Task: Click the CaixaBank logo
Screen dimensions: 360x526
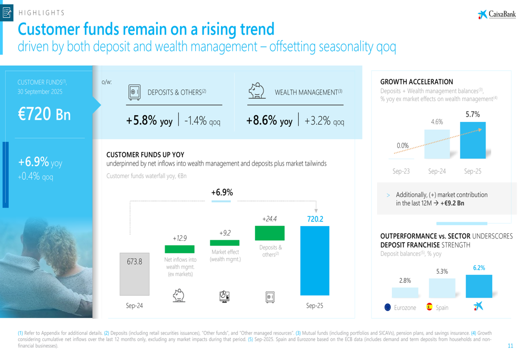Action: coord(497,14)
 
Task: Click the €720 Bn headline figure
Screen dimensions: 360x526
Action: coord(44,115)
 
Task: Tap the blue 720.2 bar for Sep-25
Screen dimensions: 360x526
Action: coord(315,261)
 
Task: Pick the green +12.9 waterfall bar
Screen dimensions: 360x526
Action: coord(180,249)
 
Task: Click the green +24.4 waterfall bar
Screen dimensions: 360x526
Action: coord(269,233)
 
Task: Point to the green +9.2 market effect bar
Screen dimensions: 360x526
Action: coord(225,243)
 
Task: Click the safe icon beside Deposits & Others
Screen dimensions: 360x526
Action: coord(134,92)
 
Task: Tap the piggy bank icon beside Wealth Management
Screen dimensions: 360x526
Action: coord(256,91)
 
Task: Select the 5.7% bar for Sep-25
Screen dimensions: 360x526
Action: coord(473,140)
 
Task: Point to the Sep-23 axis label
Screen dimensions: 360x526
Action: coord(401,171)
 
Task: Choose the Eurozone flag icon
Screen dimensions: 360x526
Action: coord(388,307)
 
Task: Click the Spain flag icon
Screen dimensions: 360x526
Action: coord(429,307)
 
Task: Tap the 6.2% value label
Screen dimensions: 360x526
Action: coord(479,268)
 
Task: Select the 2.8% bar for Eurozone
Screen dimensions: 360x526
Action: coord(405,292)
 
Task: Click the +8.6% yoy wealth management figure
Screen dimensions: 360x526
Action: coord(269,121)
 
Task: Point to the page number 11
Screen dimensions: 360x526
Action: coord(510,346)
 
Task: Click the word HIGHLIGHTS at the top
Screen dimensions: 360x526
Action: coord(42,13)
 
